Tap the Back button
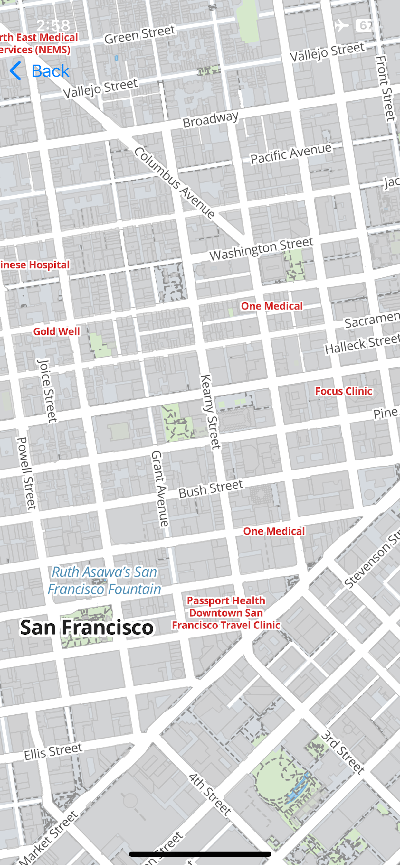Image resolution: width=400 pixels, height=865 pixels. click(x=40, y=71)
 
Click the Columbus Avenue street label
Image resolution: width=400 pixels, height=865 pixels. click(x=175, y=183)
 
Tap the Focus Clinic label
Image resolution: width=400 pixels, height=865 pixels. click(x=343, y=391)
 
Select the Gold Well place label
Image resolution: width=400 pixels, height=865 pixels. click(x=56, y=331)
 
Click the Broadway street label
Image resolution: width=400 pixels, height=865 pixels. click(x=210, y=119)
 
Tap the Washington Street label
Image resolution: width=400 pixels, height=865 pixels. click(x=261, y=248)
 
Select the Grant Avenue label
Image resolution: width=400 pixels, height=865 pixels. click(x=160, y=488)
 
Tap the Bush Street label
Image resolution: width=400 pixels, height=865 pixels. click(x=211, y=488)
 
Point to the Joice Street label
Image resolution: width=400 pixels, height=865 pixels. click(x=47, y=391)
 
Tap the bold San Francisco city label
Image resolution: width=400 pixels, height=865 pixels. click(x=87, y=628)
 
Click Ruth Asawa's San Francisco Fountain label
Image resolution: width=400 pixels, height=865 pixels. click(x=104, y=581)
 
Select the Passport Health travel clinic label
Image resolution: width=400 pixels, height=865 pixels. click(x=226, y=613)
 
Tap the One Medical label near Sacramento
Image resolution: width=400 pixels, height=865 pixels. click(x=271, y=306)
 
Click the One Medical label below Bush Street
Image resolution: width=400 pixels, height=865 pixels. click(x=274, y=531)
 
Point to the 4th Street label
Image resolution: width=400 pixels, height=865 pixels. click(x=210, y=795)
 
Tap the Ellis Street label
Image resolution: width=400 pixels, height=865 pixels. click(x=53, y=751)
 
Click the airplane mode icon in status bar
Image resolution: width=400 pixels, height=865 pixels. click(x=341, y=25)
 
